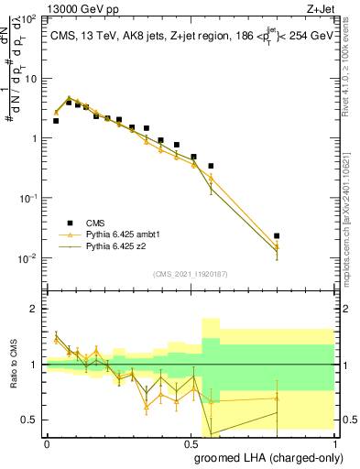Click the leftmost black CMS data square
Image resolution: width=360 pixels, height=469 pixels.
pyautogui.click(x=56, y=120)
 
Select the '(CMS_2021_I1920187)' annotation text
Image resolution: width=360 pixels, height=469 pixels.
pyautogui.click(x=191, y=273)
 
